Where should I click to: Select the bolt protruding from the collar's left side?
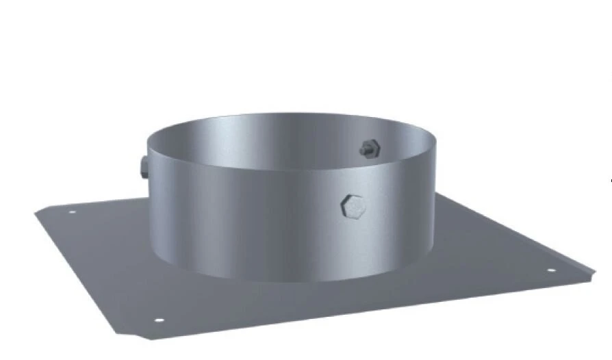(142, 167)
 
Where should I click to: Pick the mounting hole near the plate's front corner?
(159, 320)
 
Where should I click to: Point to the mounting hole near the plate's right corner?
(552, 271)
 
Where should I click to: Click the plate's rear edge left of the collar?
(103, 201)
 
